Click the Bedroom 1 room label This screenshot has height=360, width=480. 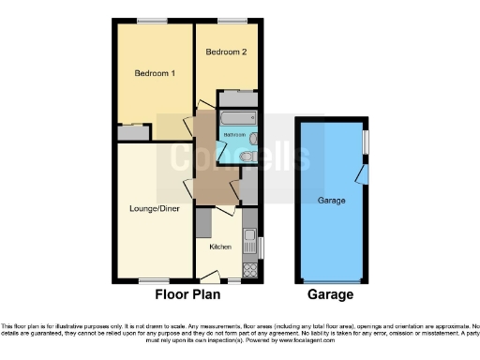click(x=155, y=73)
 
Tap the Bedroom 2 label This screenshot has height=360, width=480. click(x=227, y=52)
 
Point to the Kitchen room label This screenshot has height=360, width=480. click(x=220, y=247)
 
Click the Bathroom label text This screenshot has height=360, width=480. click(x=233, y=135)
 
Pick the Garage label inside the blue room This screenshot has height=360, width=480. click(x=332, y=202)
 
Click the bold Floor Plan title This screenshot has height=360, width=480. click(x=187, y=294)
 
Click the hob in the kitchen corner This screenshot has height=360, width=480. click(x=250, y=269)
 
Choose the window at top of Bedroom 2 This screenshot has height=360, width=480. click(x=228, y=21)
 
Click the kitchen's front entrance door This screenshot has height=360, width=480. click(x=210, y=277)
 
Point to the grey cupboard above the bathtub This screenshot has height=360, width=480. click(x=237, y=97)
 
